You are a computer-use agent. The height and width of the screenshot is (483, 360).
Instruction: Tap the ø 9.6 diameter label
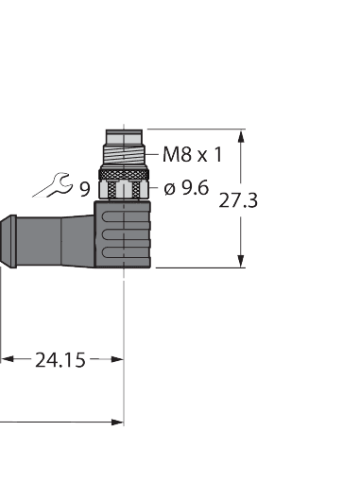[x=186, y=188]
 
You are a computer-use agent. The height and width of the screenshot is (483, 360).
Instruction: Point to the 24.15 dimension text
[x=60, y=359]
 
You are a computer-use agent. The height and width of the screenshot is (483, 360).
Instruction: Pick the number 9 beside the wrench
[x=84, y=189]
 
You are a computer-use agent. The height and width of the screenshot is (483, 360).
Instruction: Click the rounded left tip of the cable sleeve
[x=4, y=233]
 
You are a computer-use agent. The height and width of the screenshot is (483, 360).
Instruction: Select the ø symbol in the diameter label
[x=170, y=188]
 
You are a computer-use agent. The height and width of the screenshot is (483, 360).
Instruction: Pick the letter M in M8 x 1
[x=170, y=153]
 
